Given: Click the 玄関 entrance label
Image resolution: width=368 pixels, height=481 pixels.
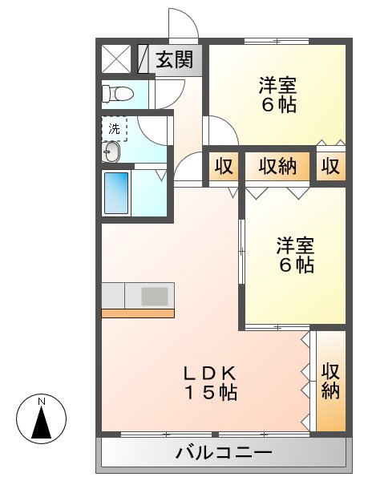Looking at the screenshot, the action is [175, 59].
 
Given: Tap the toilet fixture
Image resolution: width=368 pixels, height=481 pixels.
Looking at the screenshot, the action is [117, 94].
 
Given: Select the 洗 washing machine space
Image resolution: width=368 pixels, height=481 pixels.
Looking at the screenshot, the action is [115, 129].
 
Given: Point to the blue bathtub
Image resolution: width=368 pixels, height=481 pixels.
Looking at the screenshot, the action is [116, 193].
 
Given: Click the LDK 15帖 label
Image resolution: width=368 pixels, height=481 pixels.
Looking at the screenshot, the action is [211, 383].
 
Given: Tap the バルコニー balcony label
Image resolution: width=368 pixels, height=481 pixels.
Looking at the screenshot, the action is [224, 452].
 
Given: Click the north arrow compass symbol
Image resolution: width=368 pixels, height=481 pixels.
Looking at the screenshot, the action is [42, 418].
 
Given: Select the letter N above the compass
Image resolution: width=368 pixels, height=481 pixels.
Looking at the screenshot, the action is [42, 402].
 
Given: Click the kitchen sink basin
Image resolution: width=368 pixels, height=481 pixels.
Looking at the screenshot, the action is [155, 296].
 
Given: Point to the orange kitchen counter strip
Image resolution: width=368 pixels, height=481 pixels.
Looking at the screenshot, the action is [138, 313].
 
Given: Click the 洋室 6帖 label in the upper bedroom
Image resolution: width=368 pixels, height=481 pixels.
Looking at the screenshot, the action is [277, 95].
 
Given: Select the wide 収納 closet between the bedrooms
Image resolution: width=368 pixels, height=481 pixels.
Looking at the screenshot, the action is [277, 167].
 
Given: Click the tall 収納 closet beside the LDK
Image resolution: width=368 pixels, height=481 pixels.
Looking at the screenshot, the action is [331, 381].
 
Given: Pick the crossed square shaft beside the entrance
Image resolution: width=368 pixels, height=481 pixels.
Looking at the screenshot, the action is [116, 59].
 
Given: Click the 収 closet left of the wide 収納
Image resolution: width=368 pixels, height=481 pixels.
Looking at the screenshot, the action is [224, 167].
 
